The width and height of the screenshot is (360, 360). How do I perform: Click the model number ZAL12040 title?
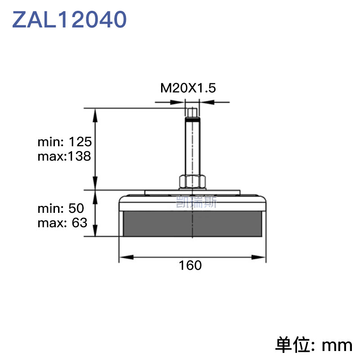click(69, 19)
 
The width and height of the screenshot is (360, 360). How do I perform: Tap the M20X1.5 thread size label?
click(188, 88)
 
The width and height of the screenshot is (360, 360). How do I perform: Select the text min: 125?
click(65, 142)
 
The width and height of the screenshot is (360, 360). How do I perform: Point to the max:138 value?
click(64, 156)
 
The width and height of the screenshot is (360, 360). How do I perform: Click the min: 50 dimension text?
click(61, 208)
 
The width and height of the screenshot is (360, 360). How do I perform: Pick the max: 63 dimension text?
click(63, 223)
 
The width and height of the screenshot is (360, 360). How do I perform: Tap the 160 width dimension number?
click(190, 265)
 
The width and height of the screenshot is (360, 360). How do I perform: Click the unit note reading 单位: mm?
click(314, 345)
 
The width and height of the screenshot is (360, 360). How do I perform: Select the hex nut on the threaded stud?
click(192, 182)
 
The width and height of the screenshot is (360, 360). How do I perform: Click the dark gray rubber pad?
click(193, 224)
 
